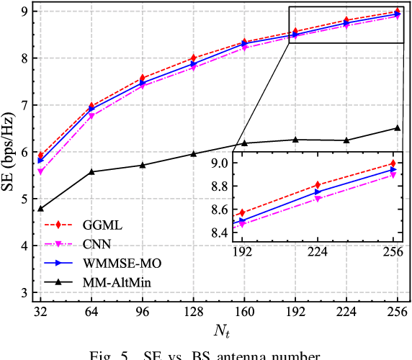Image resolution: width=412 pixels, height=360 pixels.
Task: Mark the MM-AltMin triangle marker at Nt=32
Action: point(40,209)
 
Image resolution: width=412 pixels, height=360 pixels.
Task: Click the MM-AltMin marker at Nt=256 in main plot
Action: point(398,128)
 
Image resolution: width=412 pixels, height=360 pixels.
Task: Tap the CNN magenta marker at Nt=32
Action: point(40,172)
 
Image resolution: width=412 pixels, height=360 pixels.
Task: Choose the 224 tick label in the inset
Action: point(318,251)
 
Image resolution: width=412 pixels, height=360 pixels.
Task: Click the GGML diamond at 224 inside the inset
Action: point(318,185)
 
